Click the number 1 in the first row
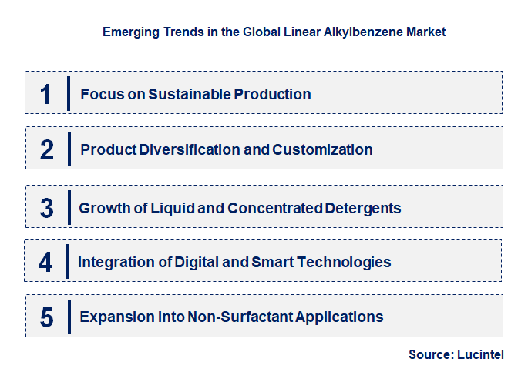point(45,94)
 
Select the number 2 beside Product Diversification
point(47,149)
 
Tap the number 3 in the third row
point(47,208)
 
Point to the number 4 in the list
point(46,262)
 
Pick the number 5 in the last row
point(47,317)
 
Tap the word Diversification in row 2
point(190,149)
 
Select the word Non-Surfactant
point(230,317)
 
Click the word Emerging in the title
point(129,33)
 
